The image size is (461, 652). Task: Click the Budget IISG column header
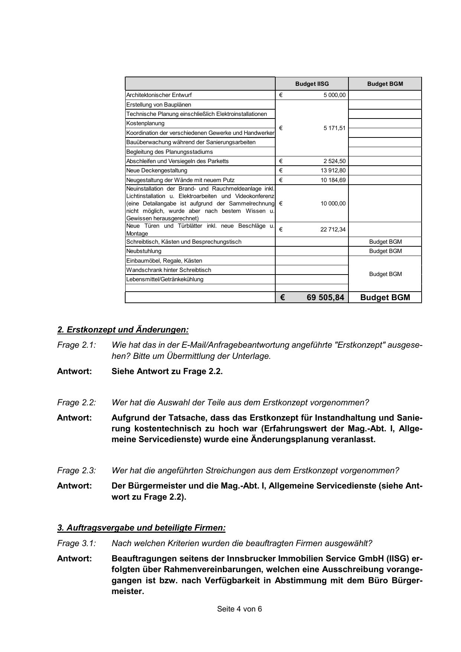(312, 84)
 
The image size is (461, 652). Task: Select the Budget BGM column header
(385, 84)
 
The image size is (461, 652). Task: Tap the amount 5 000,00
(334, 95)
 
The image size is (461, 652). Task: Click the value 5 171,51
(334, 128)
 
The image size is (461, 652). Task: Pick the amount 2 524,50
(334, 161)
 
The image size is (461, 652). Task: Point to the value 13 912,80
(333, 171)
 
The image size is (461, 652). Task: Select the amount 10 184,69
(333, 180)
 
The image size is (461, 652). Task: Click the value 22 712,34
(333, 230)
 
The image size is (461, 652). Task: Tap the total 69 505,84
(325, 298)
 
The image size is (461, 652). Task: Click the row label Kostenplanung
(145, 123)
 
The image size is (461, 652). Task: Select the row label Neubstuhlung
(144, 251)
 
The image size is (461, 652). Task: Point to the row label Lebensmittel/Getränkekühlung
(165, 279)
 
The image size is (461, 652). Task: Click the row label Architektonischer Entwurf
(159, 95)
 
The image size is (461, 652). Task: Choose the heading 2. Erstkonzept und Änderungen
(123, 330)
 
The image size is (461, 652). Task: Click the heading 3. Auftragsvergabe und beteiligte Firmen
(141, 528)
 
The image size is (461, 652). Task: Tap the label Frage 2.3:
(77, 471)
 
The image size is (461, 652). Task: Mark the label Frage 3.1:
(77, 544)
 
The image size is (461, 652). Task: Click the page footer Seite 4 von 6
(239, 609)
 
